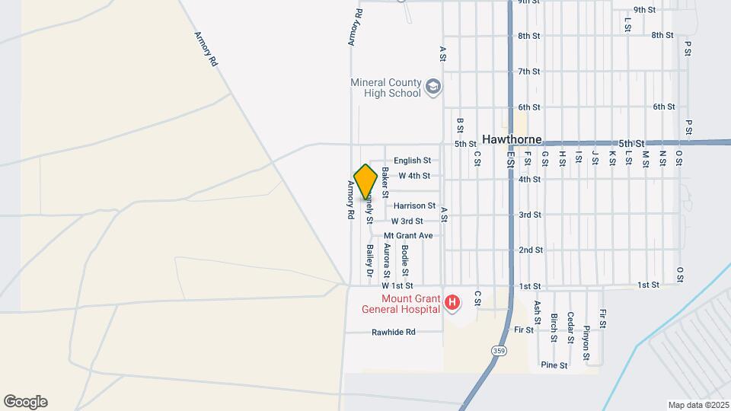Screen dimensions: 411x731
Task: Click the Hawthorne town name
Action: pyautogui.click(x=512, y=140)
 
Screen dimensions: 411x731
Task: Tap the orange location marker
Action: pyautogui.click(x=366, y=182)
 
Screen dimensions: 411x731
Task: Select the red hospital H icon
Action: pyautogui.click(x=453, y=304)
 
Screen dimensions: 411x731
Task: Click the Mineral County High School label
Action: pyautogui.click(x=385, y=88)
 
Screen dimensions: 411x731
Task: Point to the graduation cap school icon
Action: pyautogui.click(x=433, y=88)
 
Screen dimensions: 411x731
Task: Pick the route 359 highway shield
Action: pyautogui.click(x=499, y=351)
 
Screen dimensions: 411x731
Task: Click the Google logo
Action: pyautogui.click(x=25, y=402)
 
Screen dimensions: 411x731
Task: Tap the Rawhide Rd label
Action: pyautogui.click(x=394, y=333)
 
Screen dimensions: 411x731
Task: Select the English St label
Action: pyautogui.click(x=413, y=161)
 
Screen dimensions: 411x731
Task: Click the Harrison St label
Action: pyautogui.click(x=415, y=205)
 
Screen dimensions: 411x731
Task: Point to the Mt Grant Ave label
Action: pyautogui.click(x=408, y=236)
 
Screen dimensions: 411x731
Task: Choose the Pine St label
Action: pyautogui.click(x=554, y=365)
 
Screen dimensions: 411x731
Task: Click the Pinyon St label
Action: pyautogui.click(x=586, y=341)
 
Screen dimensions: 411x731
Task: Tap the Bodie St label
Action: pyautogui.click(x=405, y=260)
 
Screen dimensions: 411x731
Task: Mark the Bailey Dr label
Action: pyautogui.click(x=369, y=260)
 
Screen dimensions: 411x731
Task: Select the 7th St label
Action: pyautogui.click(x=529, y=72)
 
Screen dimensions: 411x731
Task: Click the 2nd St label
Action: pyautogui.click(x=530, y=250)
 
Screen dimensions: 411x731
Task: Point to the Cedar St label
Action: pyautogui.click(x=570, y=328)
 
